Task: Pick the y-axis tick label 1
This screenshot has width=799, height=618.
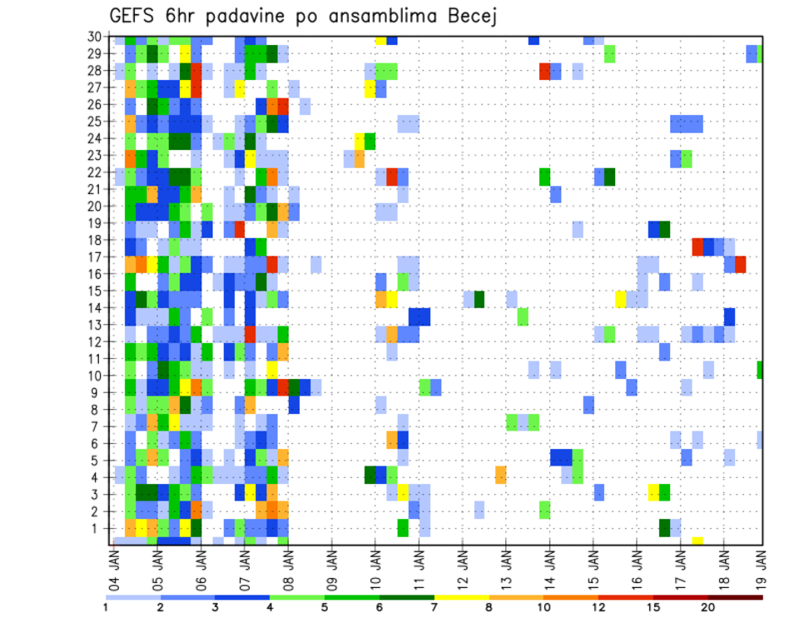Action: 97,528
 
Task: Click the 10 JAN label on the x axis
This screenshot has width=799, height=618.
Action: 375,563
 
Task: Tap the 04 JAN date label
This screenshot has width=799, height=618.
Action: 114,563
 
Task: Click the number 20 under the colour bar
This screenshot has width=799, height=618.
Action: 707,607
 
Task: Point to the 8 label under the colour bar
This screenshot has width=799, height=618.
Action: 489,607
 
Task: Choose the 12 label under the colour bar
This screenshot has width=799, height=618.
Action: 598,607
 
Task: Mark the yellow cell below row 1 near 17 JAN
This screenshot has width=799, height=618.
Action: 697,541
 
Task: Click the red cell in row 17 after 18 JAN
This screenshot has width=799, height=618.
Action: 741,264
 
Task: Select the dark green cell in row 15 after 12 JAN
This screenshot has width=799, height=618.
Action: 479,299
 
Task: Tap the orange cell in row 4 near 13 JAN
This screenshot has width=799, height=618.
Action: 501,475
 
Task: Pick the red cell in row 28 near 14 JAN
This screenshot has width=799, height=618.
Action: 545,71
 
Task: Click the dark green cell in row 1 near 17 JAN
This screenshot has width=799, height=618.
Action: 665,527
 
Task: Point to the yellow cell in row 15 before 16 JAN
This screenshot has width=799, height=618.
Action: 621,299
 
